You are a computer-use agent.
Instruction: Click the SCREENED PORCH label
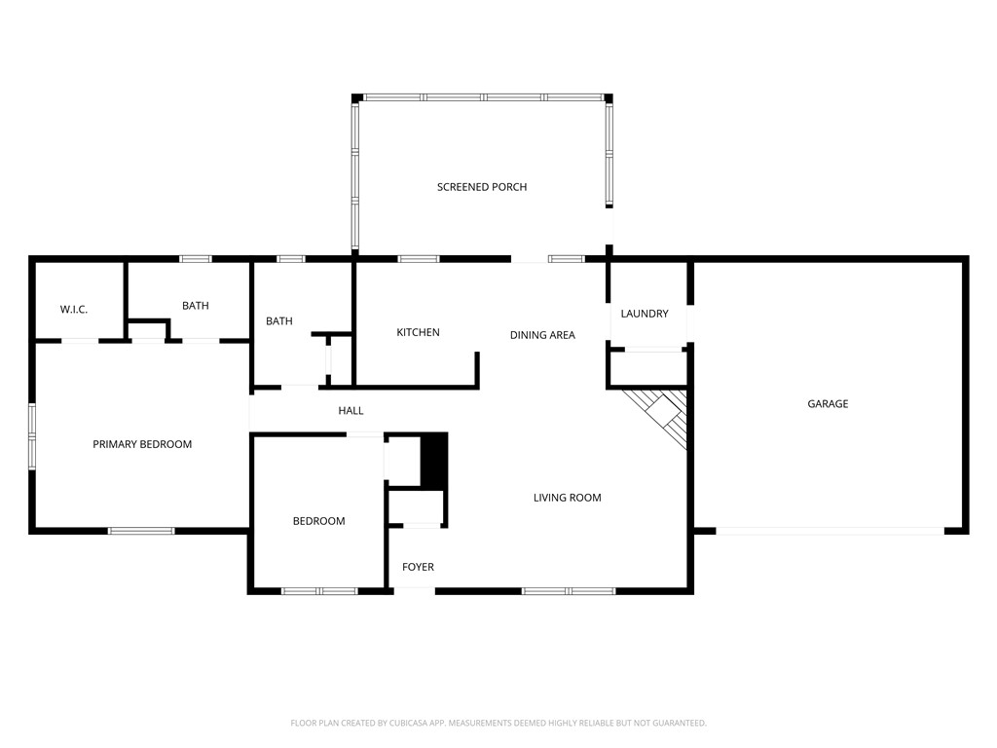coord(482,187)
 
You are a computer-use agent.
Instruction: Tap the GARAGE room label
coord(828,403)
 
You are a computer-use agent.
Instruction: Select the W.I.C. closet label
coord(74,310)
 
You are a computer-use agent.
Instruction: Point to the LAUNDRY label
coord(645,314)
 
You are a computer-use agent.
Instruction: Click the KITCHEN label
coord(418,333)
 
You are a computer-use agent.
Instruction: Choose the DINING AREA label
coord(542,335)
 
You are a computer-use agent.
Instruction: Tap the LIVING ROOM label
coord(567,498)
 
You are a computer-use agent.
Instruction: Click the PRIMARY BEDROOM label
coord(142,444)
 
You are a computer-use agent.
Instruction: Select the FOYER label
coord(419,567)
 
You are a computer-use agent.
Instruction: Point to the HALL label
coord(351,411)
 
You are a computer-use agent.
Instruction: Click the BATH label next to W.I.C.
coord(196,306)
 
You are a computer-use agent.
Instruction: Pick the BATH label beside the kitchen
coord(279,321)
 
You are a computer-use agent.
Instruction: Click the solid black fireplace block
coord(433,460)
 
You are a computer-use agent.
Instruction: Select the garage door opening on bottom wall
coord(830,531)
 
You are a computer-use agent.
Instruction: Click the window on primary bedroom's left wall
coord(32,436)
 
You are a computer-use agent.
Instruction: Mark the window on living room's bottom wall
coord(569,590)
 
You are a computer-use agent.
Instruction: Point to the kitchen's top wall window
coord(419,259)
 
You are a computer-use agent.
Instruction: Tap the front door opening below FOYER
coord(414,589)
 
